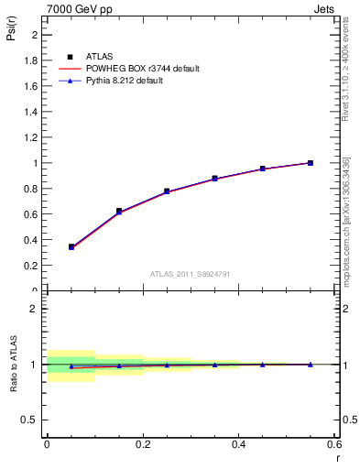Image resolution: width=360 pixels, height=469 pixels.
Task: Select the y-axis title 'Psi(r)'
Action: [x=11, y=32]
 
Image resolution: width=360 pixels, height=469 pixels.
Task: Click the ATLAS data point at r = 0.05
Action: [x=71, y=246]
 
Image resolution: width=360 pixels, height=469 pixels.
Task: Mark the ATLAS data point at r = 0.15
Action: [x=119, y=211]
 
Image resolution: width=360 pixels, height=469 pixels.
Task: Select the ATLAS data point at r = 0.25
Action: [x=167, y=191]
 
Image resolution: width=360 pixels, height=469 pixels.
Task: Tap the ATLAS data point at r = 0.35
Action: [x=214, y=179]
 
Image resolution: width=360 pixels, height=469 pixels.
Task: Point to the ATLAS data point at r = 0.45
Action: [x=262, y=169]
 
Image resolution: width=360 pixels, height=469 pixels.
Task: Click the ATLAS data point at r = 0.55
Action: [x=311, y=163]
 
